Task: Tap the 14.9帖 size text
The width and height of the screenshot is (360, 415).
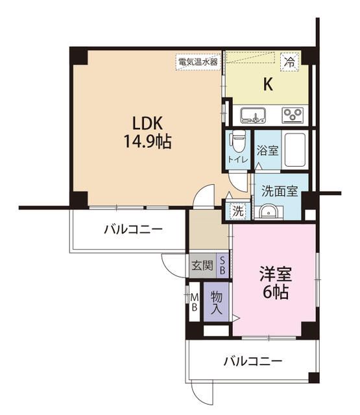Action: [143, 142]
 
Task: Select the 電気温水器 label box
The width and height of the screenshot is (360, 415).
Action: [198, 62]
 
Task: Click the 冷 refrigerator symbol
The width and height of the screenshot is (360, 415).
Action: [289, 63]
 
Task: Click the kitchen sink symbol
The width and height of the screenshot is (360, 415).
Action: [254, 115]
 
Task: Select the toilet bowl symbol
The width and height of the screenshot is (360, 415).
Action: [237, 140]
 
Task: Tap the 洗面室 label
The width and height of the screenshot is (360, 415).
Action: [280, 191]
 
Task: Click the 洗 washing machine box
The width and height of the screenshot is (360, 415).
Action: [238, 211]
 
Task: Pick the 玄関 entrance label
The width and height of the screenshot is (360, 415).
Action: [202, 265]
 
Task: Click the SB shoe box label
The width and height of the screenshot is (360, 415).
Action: [222, 265]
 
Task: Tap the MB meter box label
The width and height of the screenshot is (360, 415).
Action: [194, 303]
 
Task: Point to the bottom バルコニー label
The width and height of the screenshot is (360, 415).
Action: [253, 361]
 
